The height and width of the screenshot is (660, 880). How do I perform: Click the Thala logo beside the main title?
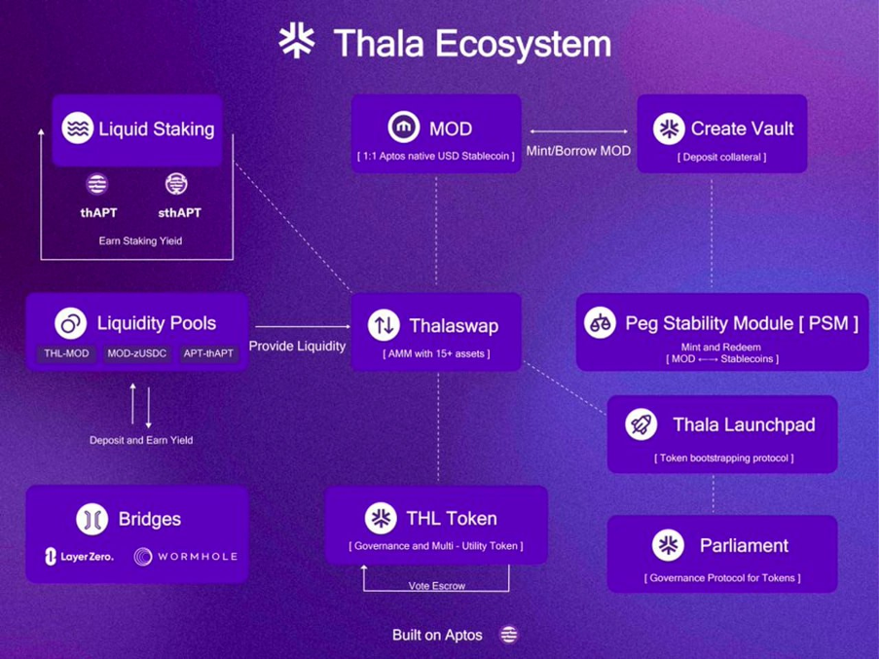pyautogui.click(x=297, y=41)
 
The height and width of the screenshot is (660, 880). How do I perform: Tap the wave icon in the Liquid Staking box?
pyautogui.click(x=78, y=128)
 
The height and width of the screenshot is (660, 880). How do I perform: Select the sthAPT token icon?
pyautogui.click(x=176, y=184)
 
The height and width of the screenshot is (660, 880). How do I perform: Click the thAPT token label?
pyautogui.click(x=98, y=213)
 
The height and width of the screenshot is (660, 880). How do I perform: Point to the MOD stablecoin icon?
pyautogui.click(x=404, y=128)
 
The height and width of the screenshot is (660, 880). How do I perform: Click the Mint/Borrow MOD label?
pyautogui.click(x=578, y=151)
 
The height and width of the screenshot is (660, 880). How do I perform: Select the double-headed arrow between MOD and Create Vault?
pyautogui.click(x=578, y=131)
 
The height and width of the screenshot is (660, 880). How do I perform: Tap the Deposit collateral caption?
pyautogui.click(x=721, y=157)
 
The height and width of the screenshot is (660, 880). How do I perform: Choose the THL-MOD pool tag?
pyautogui.click(x=66, y=353)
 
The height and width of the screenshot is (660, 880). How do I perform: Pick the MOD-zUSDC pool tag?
pyautogui.click(x=137, y=353)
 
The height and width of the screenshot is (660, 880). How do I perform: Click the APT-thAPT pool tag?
pyautogui.click(x=208, y=353)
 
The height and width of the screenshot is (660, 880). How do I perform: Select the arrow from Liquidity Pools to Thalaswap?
pyautogui.click(x=303, y=326)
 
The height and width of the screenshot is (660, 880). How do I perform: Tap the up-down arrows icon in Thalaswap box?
pyautogui.click(x=384, y=325)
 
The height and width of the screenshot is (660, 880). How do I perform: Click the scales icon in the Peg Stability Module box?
pyautogui.click(x=600, y=323)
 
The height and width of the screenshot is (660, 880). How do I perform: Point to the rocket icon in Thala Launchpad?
pyautogui.click(x=641, y=424)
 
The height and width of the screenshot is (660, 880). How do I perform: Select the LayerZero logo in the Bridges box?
pyautogui.click(x=79, y=557)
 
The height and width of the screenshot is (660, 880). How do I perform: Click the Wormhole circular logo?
pyautogui.click(x=143, y=557)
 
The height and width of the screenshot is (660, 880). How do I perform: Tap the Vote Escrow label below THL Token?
pyautogui.click(x=437, y=586)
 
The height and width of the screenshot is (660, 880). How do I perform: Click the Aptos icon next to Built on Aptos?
pyautogui.click(x=509, y=635)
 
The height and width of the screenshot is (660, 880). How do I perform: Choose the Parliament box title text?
pyautogui.click(x=744, y=545)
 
